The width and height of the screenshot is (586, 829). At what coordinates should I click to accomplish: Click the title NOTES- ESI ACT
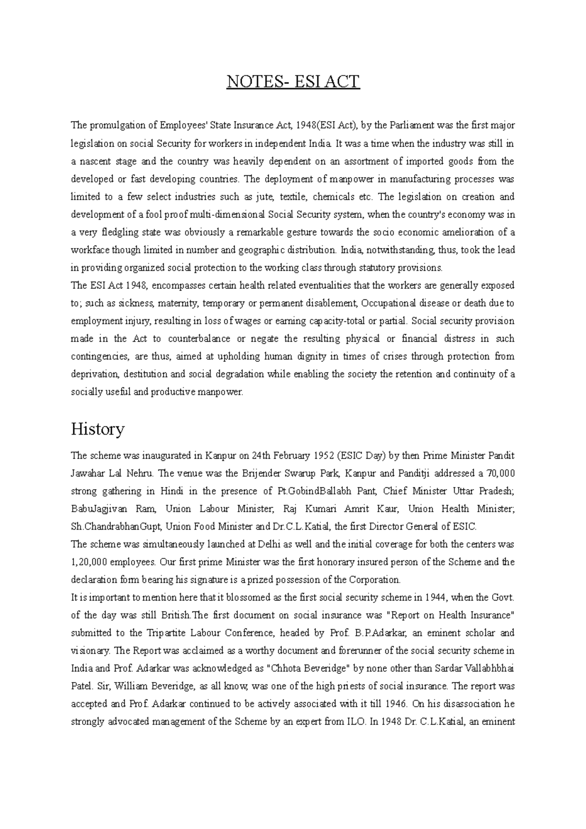(293, 82)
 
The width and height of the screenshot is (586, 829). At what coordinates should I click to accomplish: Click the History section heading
(98, 430)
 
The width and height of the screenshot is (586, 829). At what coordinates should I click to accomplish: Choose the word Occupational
(389, 303)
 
